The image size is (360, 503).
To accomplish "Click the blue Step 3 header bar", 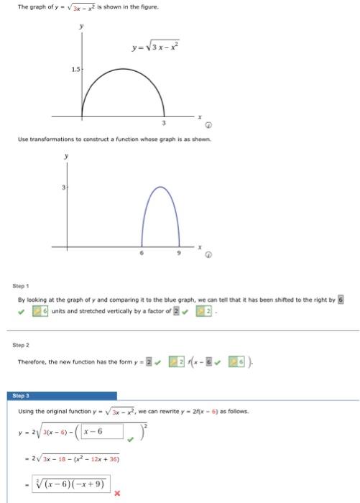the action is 64,395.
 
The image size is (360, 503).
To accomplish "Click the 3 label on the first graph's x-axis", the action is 165,123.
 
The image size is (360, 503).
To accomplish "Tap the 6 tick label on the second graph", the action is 141,252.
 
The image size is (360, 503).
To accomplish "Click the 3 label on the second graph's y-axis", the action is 63,187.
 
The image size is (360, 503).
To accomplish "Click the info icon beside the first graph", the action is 207,126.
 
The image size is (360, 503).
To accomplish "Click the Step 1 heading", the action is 22,287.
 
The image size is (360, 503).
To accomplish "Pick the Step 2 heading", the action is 22,344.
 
